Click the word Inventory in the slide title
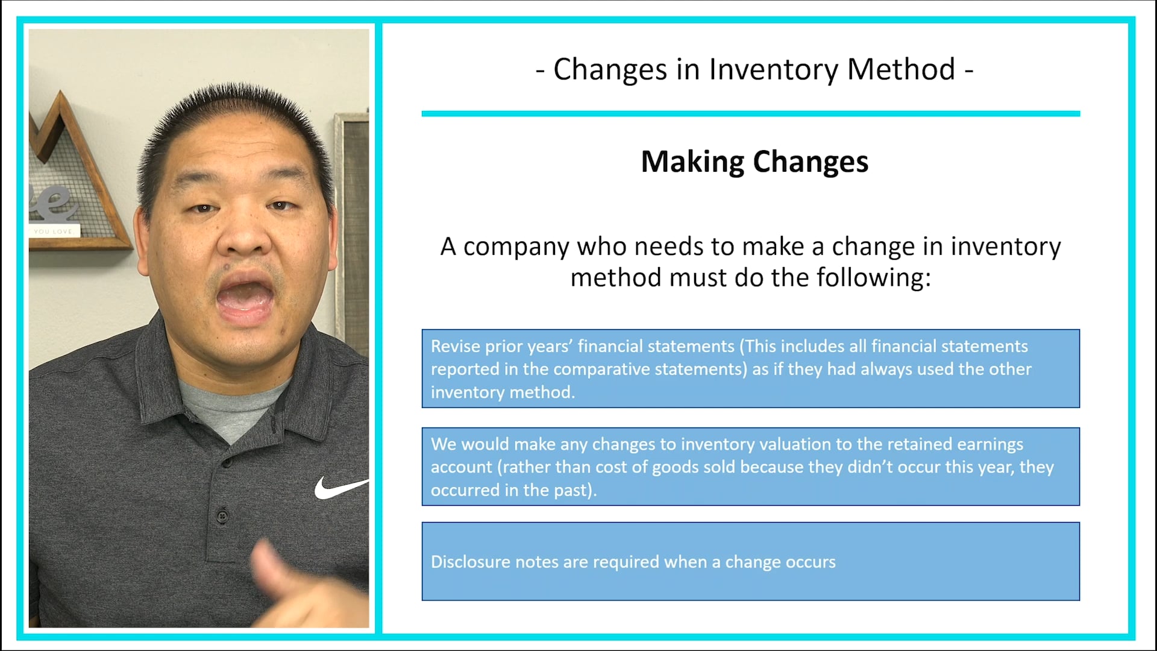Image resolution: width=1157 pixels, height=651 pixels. click(773, 69)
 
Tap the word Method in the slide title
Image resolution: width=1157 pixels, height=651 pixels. click(901, 69)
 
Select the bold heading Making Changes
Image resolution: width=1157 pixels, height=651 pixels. click(754, 162)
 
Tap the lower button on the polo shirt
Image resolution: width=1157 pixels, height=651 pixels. click(222, 516)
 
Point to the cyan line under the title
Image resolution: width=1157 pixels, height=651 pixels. click(750, 113)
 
